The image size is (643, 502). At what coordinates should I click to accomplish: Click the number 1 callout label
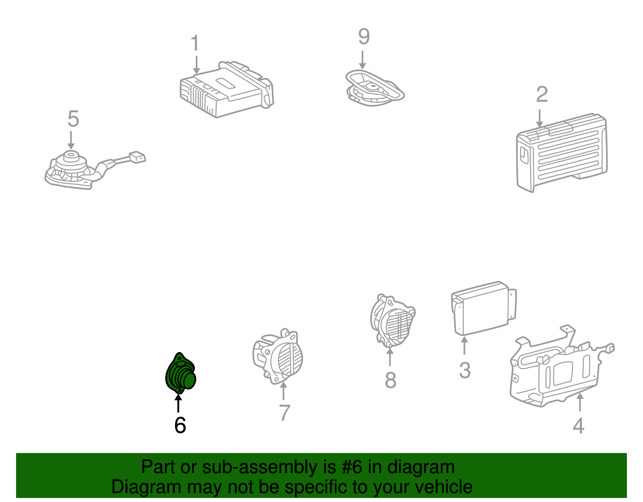click(x=195, y=43)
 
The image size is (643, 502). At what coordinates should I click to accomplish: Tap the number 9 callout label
click(x=364, y=37)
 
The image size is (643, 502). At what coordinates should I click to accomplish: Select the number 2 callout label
click(x=542, y=94)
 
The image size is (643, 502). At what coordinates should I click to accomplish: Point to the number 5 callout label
click(x=73, y=119)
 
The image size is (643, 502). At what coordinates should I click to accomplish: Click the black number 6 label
click(x=180, y=425)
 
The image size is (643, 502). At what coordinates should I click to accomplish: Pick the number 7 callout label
click(x=285, y=413)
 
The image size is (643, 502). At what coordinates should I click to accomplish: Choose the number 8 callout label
click(x=390, y=380)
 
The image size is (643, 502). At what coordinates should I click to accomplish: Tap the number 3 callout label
click(x=465, y=370)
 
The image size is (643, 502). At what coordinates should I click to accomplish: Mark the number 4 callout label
click(x=578, y=426)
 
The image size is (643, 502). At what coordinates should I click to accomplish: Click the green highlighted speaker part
click(x=180, y=374)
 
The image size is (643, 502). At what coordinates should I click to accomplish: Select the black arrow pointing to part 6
click(x=178, y=403)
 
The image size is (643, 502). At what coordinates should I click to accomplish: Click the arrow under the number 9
click(x=362, y=60)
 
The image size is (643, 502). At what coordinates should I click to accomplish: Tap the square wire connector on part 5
click(x=137, y=157)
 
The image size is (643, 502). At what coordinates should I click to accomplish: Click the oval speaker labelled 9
click(x=374, y=88)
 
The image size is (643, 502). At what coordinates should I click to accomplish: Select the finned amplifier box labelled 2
click(x=562, y=152)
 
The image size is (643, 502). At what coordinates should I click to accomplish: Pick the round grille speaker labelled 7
click(x=278, y=357)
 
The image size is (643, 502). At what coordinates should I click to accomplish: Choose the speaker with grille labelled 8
click(x=393, y=321)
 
